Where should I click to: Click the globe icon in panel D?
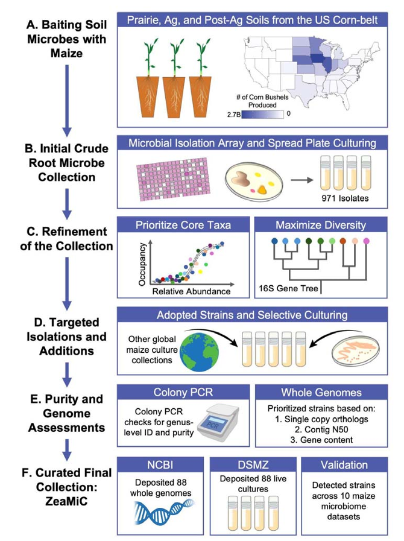(200, 350)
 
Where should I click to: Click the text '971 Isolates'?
(345, 198)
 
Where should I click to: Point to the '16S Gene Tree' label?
(288, 288)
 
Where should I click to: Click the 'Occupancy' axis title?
(142, 264)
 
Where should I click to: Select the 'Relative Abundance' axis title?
(192, 291)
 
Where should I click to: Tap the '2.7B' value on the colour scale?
(233, 114)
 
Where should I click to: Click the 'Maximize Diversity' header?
(321, 225)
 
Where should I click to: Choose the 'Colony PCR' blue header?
(183, 392)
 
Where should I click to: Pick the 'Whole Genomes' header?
(321, 392)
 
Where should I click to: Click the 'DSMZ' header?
(253, 465)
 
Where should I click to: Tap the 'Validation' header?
(344, 465)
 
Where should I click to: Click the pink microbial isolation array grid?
(173, 179)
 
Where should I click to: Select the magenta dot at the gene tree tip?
(367, 241)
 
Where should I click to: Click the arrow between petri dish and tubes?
(301, 180)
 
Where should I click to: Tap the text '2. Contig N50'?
(321, 429)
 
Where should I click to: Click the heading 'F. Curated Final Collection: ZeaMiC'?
(66, 487)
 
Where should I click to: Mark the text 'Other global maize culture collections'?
(152, 350)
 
